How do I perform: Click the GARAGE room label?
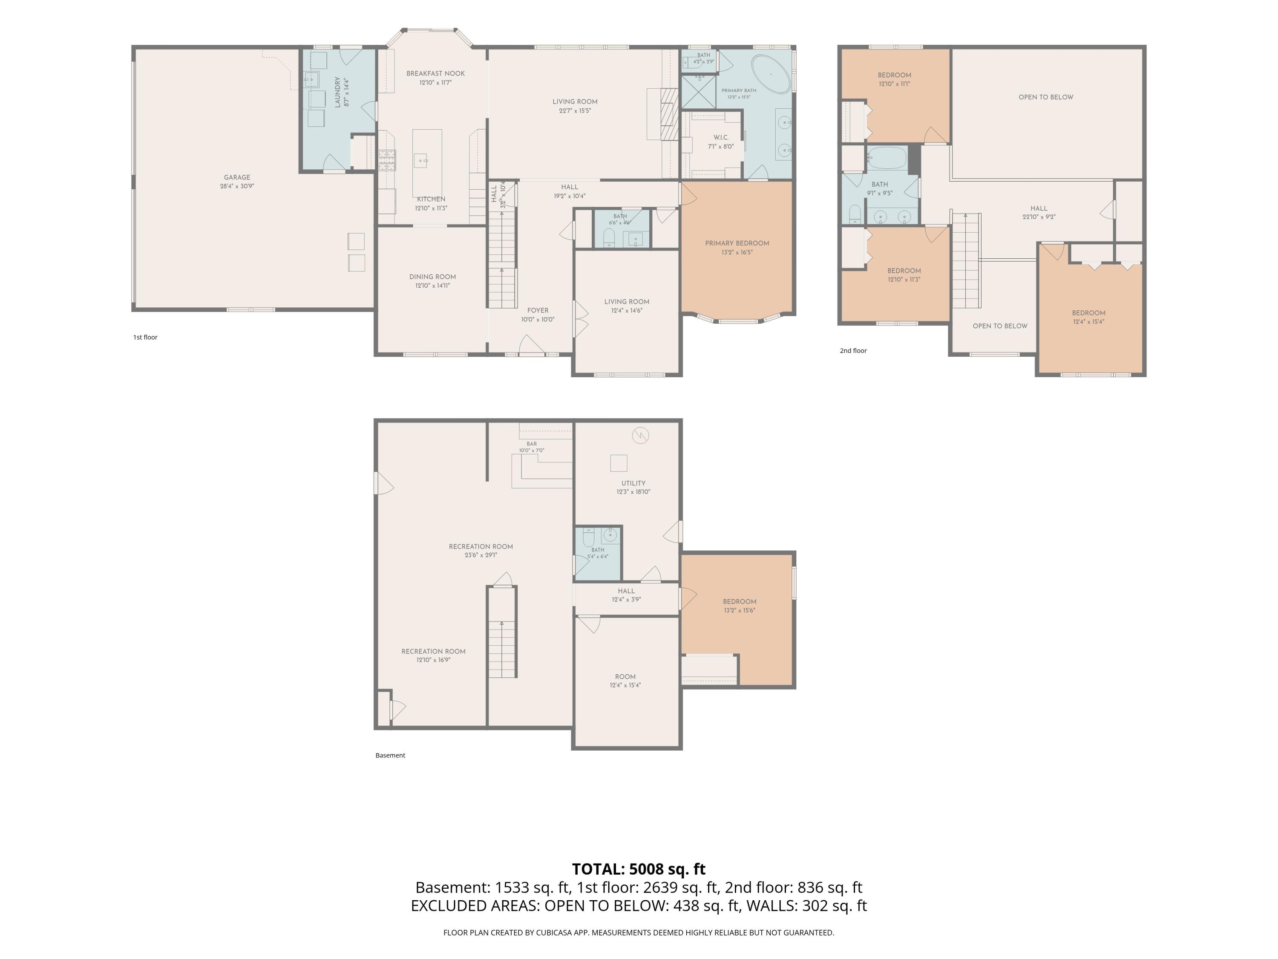[237, 177]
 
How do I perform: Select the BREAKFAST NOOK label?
[436, 73]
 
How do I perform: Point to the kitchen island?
[427, 163]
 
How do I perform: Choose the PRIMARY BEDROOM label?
[737, 243]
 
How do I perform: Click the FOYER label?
[538, 310]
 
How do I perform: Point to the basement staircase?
[501, 632]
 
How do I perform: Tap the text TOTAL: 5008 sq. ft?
[639, 869]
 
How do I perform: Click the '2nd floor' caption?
[853, 350]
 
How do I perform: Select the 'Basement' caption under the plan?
[391, 755]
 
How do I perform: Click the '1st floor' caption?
[146, 337]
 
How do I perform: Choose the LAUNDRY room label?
[337, 92]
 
